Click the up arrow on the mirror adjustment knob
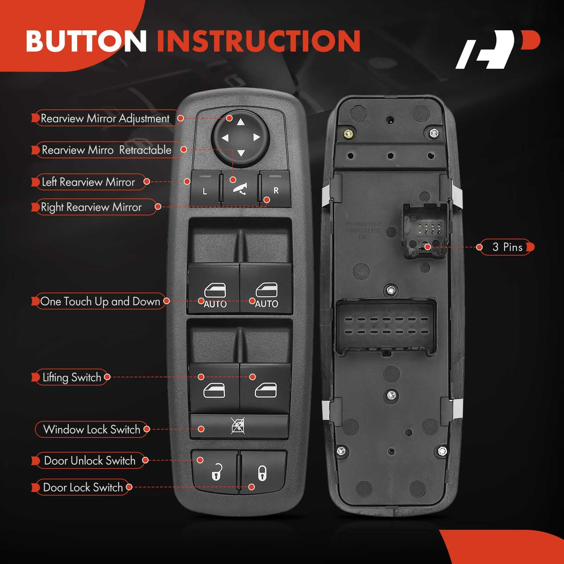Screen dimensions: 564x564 click(241, 122)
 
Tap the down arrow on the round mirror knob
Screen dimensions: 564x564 click(241, 153)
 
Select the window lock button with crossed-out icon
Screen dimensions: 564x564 click(238, 426)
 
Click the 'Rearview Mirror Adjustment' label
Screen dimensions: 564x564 click(105, 118)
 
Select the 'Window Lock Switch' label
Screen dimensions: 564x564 click(92, 429)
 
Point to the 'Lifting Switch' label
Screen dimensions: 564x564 click(72, 378)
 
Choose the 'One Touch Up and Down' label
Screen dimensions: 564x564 click(100, 301)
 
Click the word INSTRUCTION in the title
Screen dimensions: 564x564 click(258, 41)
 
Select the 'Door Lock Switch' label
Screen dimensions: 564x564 click(83, 487)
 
